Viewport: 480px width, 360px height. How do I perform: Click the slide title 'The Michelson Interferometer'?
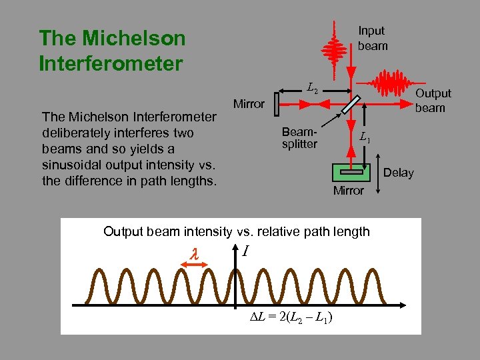point(112,51)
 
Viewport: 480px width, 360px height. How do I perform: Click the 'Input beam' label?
point(372,38)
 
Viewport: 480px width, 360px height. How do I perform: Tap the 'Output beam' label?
point(433,100)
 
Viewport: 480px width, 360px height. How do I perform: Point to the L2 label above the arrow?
point(313,86)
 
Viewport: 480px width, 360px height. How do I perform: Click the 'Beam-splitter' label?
point(299,137)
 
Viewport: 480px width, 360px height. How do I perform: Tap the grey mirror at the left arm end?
point(277,103)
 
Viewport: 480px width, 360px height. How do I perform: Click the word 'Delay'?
point(399,173)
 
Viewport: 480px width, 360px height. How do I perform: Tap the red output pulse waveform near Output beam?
point(393,85)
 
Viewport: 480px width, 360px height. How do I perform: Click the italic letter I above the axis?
point(246,251)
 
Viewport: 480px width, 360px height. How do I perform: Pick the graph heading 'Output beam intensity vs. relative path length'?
point(237,231)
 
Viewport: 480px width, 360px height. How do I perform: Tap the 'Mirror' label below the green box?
point(348,191)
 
